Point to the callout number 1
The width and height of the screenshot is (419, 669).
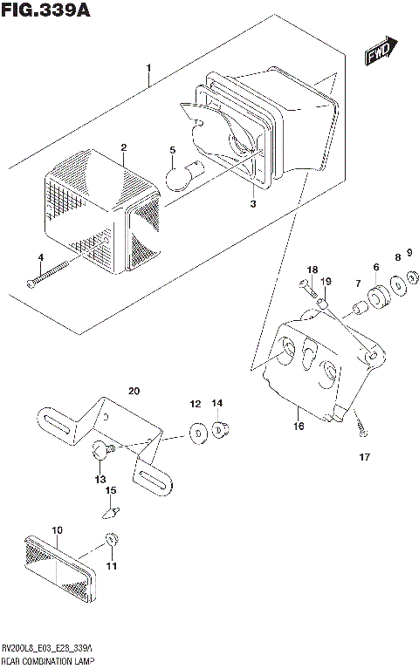tap(149, 68)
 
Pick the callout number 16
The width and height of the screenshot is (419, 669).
tap(299, 427)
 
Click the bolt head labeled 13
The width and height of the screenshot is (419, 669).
tap(102, 450)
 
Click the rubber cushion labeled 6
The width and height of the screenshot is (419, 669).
tap(377, 300)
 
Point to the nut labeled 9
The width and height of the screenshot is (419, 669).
tap(413, 278)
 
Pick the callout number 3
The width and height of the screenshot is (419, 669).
tap(252, 204)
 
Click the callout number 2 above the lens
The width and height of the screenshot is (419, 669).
tap(124, 147)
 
